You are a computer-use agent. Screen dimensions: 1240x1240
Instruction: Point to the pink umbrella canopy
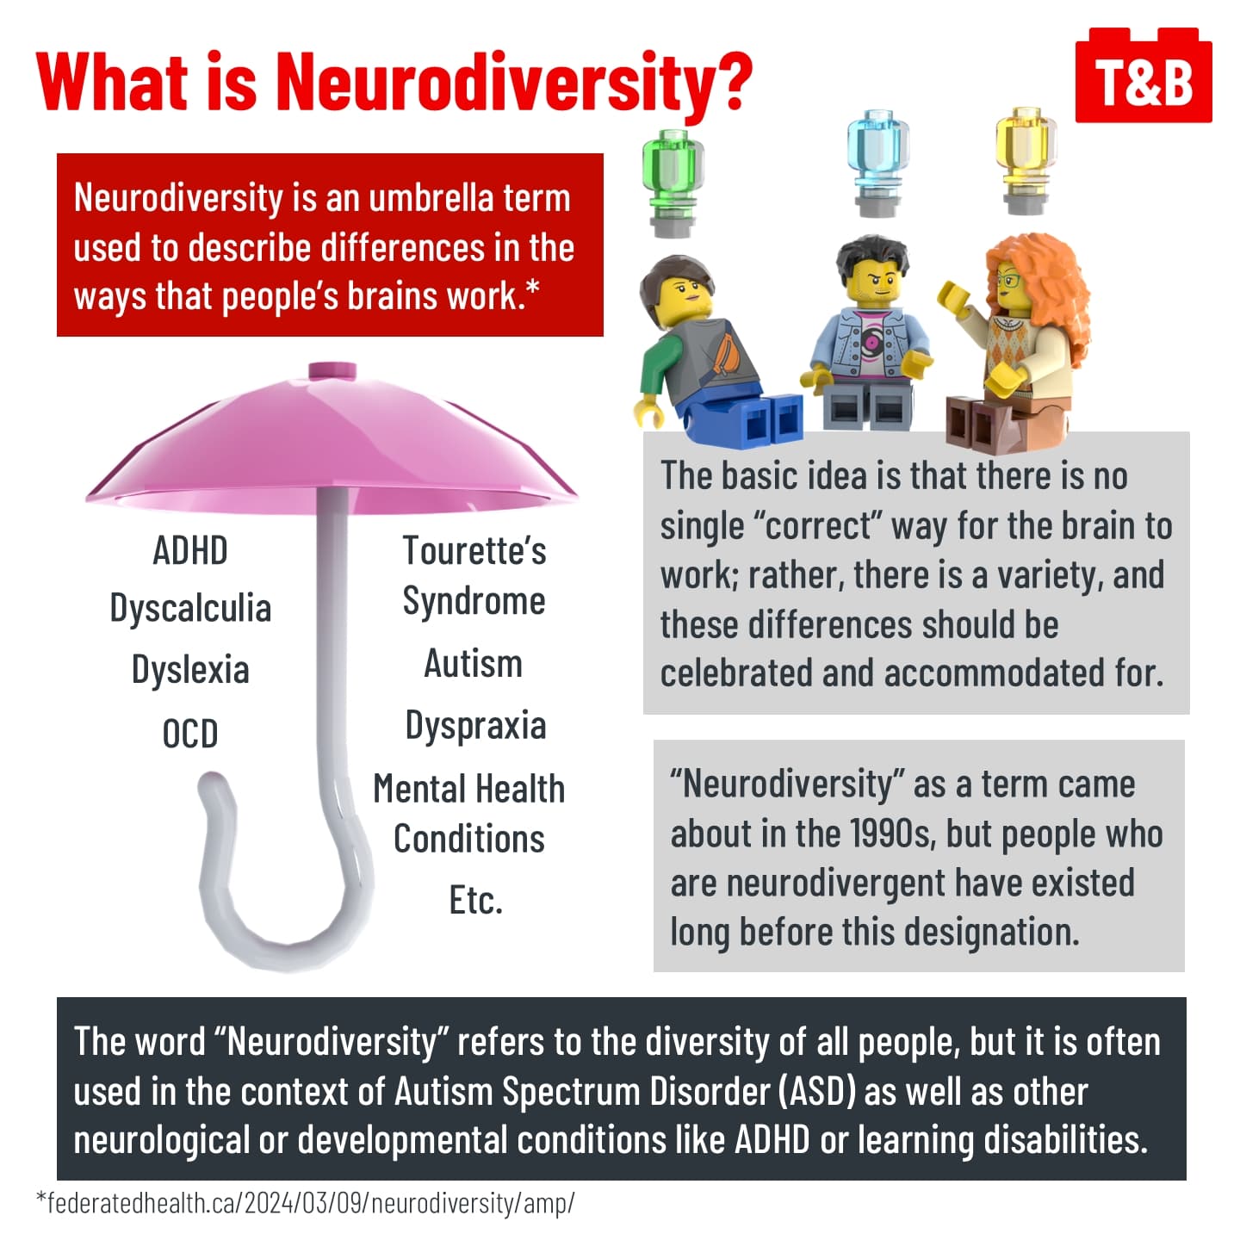[332, 448]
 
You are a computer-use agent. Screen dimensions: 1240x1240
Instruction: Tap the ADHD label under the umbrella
[190, 551]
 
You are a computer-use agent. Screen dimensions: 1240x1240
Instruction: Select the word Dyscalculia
[190, 609]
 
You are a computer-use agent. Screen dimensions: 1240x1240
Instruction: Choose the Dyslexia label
[190, 670]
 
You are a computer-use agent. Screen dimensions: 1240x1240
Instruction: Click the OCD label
[190, 734]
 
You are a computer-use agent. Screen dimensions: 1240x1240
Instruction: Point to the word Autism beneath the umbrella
[474, 664]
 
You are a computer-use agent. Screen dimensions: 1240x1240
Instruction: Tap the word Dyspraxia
[475, 726]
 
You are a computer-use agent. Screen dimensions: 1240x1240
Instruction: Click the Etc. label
[475, 901]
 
